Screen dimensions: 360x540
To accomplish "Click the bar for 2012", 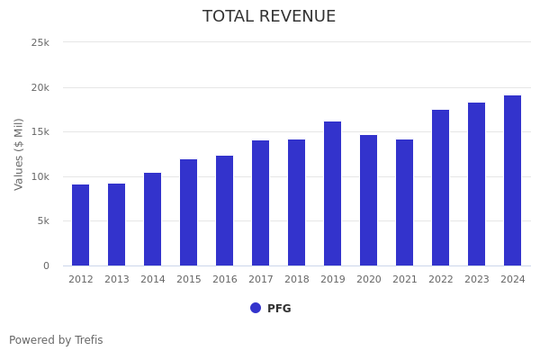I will pos(81,225).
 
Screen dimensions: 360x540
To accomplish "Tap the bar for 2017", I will pos(261,202).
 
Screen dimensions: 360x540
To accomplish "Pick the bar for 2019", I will pos(333,193).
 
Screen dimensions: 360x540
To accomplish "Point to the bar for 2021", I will pos(405,202).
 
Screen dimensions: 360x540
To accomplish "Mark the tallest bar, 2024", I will pos(513,180).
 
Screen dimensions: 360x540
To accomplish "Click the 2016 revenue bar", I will pos(225,211).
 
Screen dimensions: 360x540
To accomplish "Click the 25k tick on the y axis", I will pos(40,42).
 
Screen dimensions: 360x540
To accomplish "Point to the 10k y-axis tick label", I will pos(40,176).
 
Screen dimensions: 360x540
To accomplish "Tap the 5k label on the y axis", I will pos(42,220).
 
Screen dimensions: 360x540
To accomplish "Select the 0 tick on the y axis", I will pos(46,265).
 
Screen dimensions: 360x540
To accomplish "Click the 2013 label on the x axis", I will pos(117,280).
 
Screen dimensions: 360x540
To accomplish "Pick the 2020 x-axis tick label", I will pos(369,280).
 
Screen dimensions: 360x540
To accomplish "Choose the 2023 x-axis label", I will pos(477,280).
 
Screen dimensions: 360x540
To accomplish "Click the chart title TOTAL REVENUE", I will pos(269,17).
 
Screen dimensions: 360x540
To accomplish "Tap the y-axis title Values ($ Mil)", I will pos(20,154).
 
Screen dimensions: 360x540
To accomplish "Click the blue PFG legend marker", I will pos(256,308).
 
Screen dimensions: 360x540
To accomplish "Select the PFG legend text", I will pos(279,309).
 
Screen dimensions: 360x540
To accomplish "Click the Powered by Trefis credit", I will pos(56,340).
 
